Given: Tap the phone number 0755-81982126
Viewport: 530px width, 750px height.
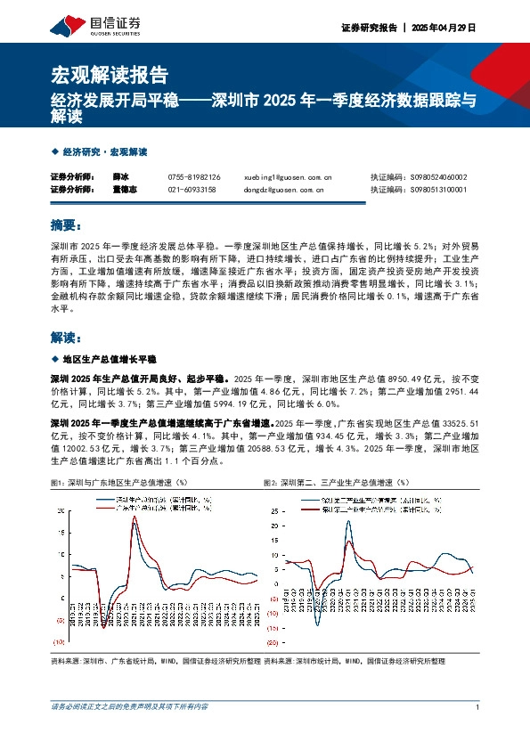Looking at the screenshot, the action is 194,177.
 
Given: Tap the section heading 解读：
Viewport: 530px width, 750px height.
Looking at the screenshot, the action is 68,338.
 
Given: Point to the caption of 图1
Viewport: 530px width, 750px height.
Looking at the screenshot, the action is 121,482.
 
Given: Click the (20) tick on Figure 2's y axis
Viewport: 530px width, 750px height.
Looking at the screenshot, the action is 274,640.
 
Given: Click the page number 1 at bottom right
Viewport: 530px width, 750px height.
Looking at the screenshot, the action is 478,706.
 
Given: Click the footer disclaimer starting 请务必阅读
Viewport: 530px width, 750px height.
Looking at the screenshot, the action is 130,706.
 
